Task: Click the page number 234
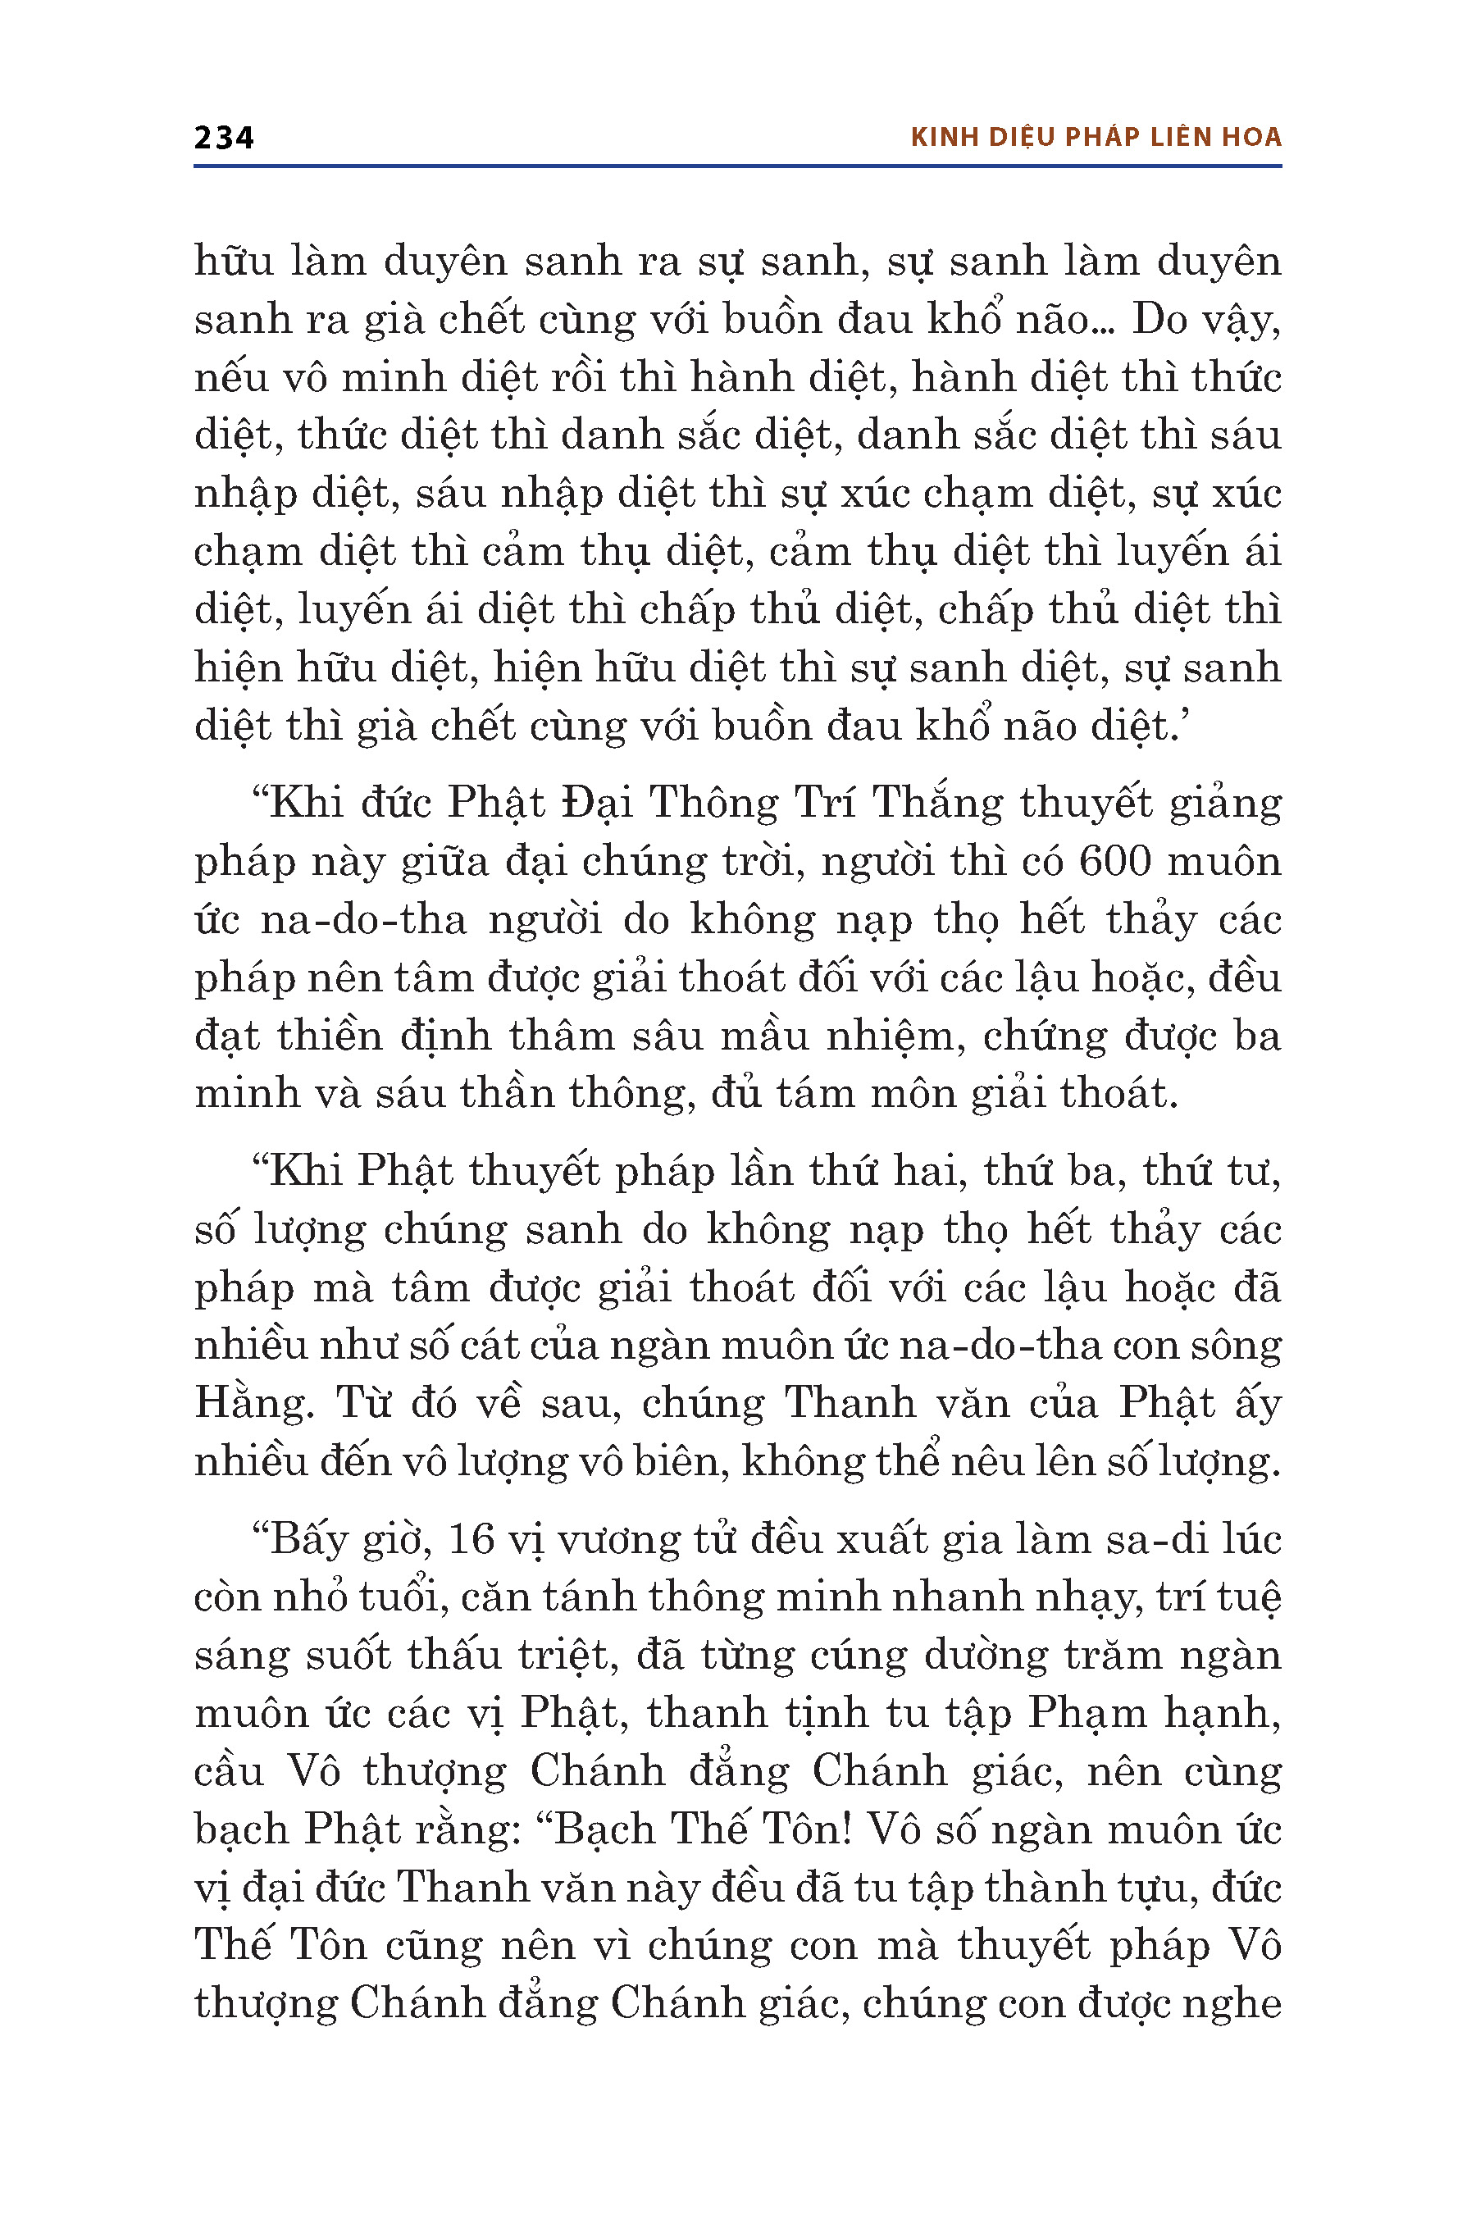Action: click(x=223, y=139)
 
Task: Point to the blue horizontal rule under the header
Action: click(x=737, y=166)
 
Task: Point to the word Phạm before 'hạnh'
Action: click(x=1086, y=1713)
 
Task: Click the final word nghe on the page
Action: click(x=1232, y=2005)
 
